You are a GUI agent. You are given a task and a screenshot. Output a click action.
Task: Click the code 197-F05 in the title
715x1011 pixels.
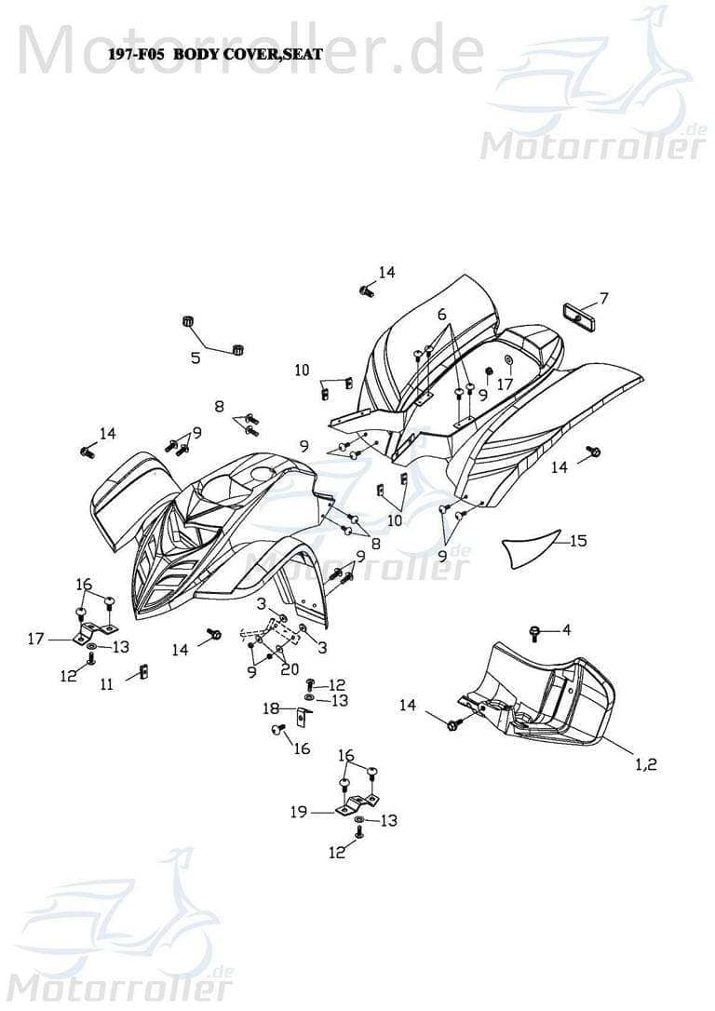click(137, 55)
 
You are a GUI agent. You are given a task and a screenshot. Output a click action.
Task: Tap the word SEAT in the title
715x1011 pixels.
click(304, 55)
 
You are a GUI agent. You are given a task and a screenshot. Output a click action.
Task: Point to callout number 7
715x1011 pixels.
click(603, 299)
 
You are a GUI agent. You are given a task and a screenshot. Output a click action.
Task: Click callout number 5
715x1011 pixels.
click(195, 357)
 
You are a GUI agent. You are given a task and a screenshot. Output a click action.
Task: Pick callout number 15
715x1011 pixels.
click(578, 540)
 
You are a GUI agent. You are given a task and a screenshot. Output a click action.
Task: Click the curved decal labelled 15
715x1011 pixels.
click(531, 547)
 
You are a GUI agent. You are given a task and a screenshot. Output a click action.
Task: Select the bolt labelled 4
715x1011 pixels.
click(534, 632)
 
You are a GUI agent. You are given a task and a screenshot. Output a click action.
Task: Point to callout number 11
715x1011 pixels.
click(107, 684)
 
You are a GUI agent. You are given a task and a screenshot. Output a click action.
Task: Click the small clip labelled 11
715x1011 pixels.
click(142, 671)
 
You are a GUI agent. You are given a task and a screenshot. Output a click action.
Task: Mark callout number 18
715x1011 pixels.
click(271, 708)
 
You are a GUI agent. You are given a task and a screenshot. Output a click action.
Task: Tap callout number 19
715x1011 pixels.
click(298, 813)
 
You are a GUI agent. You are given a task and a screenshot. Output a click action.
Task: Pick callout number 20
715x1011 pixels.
click(289, 669)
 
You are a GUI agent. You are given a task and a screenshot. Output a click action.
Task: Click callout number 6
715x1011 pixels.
click(441, 315)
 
